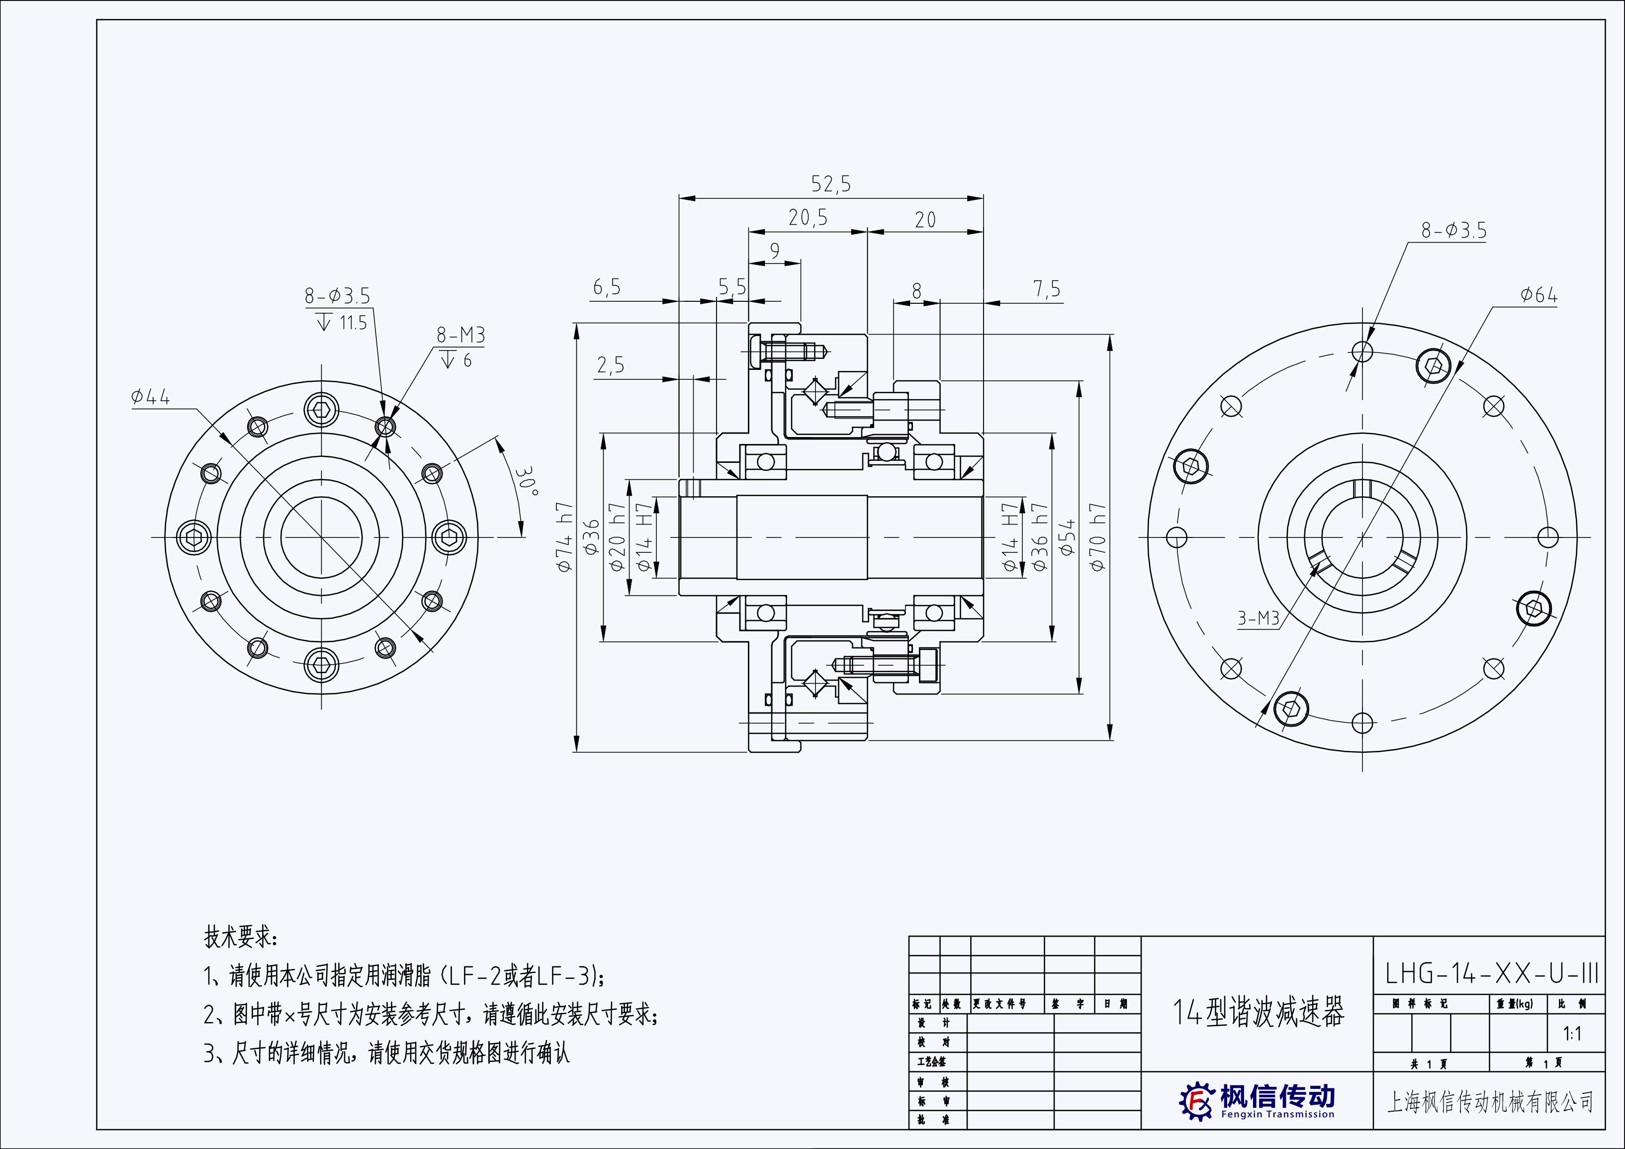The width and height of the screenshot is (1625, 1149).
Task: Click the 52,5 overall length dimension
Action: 831,184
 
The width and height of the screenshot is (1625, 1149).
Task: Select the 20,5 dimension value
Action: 808,218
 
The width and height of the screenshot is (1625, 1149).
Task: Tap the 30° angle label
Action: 526,481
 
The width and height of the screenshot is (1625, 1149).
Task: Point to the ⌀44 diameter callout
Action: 150,398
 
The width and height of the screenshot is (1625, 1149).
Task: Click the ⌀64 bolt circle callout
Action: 1538,296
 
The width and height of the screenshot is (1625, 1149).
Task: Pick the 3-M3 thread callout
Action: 1259,619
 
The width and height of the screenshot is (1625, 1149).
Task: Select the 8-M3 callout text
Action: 461,336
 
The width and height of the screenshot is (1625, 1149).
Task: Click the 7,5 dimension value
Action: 1046,289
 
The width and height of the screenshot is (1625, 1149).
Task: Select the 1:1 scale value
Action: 1572,1034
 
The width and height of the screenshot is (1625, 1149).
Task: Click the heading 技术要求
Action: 241,938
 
